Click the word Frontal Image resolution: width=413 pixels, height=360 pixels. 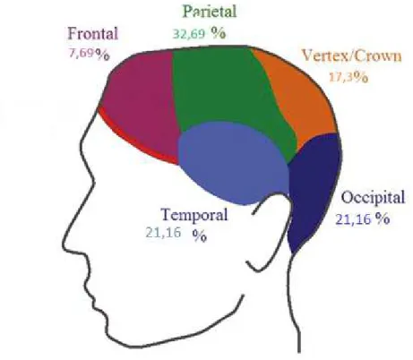pos(93,33)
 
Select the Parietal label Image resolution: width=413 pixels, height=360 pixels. pos(210,12)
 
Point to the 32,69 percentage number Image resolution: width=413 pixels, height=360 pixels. pos(189,34)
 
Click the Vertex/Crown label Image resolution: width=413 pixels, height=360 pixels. pos(352,56)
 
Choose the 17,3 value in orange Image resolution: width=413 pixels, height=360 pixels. pos(341,77)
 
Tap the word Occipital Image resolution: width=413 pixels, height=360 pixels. pos(373,198)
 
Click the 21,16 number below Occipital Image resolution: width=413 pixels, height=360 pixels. pos(353,219)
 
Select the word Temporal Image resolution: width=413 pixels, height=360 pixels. pos(194,214)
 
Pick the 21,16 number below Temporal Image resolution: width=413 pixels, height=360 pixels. pos(163,232)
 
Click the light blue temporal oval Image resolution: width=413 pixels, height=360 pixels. pos(233,163)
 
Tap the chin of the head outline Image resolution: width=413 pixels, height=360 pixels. pos(118,340)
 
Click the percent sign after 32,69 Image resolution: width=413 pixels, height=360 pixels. pos(219,33)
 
